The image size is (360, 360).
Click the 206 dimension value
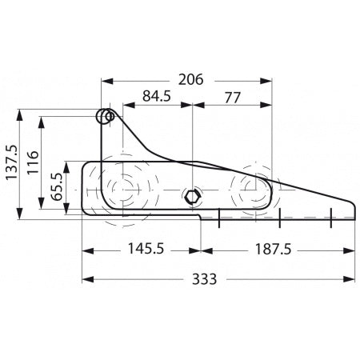190,80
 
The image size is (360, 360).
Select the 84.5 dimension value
157,96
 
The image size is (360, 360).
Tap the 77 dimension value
233,98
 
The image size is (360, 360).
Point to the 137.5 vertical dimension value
12,162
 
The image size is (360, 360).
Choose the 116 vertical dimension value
33,162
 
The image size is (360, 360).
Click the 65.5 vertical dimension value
56,186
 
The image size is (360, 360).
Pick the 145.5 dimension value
146,249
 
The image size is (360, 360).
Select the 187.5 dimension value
274,250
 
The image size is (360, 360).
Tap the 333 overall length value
205,279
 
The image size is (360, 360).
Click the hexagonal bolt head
191,197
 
